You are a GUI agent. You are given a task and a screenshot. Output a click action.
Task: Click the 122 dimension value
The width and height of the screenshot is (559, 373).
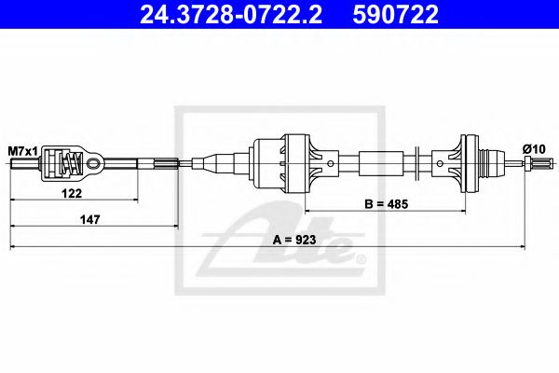pos(74,193)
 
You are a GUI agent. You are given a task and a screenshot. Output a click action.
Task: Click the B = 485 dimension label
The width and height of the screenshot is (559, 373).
pos(384,202)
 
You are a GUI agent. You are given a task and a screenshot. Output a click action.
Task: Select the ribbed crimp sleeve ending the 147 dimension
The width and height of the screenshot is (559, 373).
pos(166,164)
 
